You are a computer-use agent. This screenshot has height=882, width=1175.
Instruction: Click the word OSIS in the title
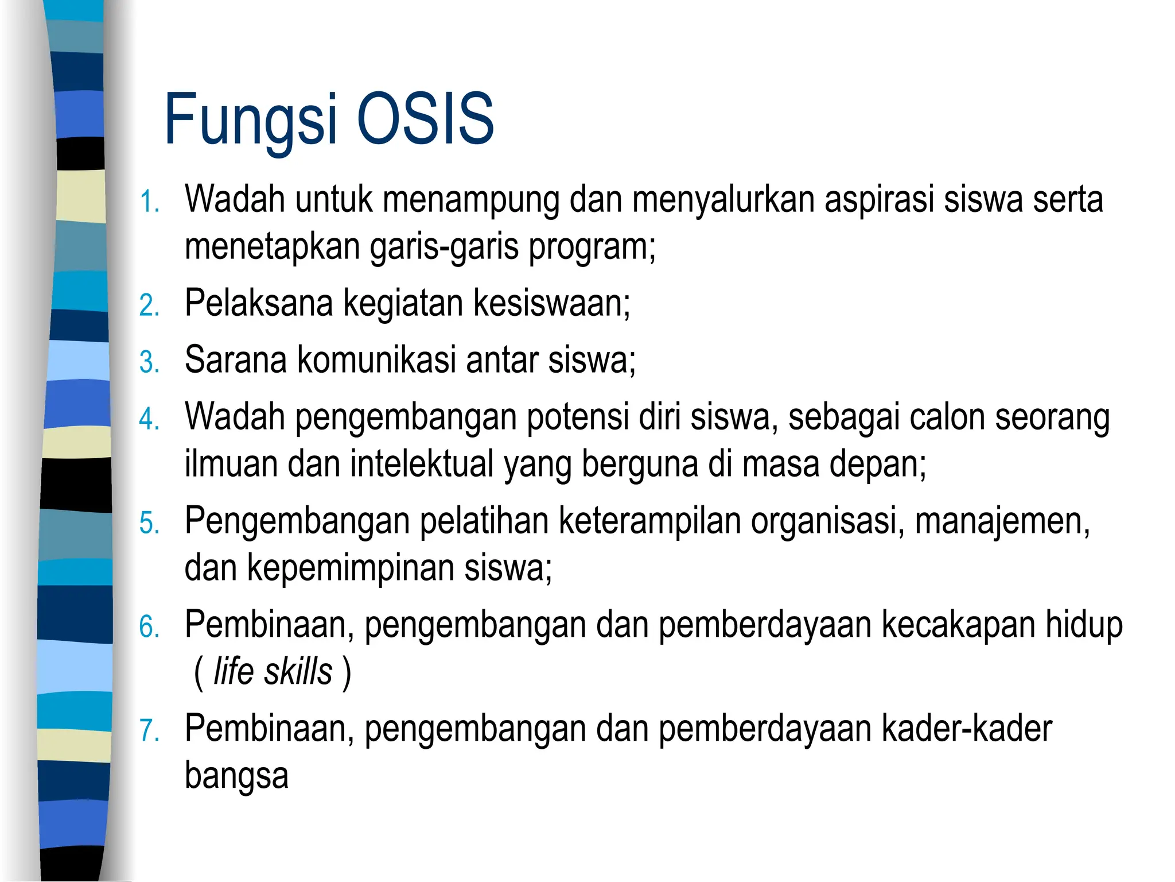tap(425, 119)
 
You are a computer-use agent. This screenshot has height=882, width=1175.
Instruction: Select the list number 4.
tap(149, 419)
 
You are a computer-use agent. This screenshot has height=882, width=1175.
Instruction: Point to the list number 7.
tap(149, 730)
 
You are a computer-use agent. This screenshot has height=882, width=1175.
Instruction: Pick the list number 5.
tap(149, 523)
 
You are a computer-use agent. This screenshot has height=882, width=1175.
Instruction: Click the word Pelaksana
tap(259, 303)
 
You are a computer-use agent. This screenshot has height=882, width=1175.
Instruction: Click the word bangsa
tap(236, 776)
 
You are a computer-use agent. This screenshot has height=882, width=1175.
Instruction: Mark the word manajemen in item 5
tap(1002, 521)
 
